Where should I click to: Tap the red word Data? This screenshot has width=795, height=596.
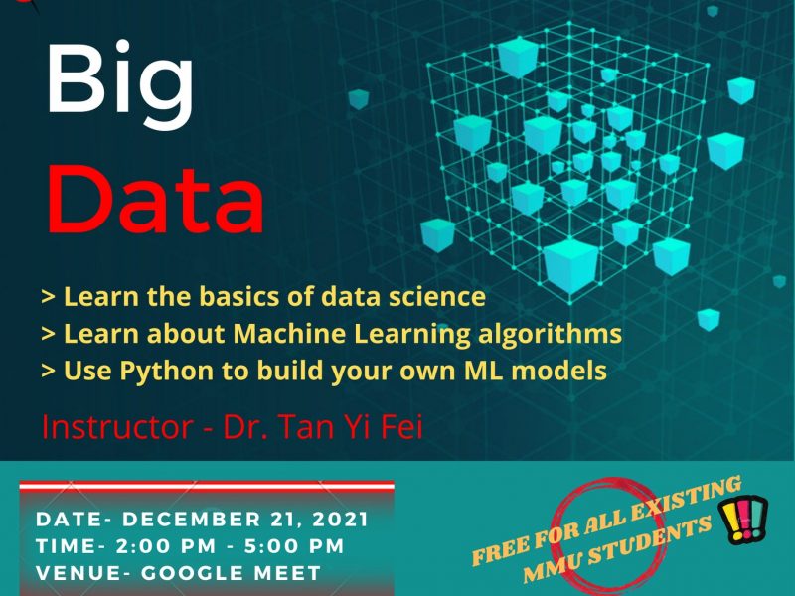coord(155,200)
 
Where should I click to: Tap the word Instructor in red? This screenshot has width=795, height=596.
coord(117,427)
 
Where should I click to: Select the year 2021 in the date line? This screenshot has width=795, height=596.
coord(340,520)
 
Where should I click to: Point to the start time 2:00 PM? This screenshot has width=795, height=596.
coord(166,546)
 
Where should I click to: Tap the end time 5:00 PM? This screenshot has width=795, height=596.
coord(294,546)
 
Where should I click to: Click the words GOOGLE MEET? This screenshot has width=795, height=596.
coord(231,573)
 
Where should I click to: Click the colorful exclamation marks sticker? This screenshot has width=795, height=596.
coord(744,521)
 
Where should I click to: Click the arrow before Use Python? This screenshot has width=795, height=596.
coord(48,371)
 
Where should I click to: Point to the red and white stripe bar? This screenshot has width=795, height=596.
coord(207,487)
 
